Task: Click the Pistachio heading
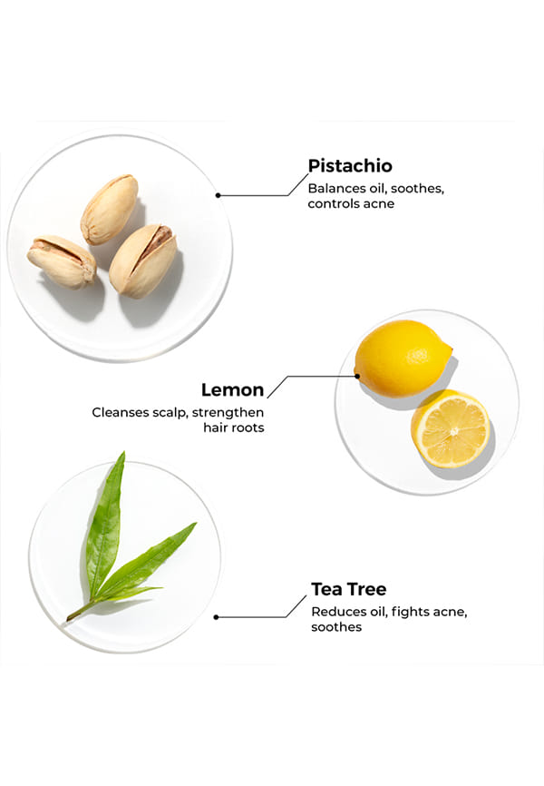350,166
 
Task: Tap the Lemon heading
232,389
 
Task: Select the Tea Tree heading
349,589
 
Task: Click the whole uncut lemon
403,359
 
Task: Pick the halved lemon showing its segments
451,428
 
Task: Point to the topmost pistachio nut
109,209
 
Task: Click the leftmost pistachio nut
61,261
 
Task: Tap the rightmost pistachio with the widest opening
142,260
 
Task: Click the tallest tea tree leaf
105,521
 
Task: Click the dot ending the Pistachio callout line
218,195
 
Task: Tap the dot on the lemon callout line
357,376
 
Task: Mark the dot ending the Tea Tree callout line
216,617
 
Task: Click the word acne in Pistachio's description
379,204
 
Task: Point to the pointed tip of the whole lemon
451,348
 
